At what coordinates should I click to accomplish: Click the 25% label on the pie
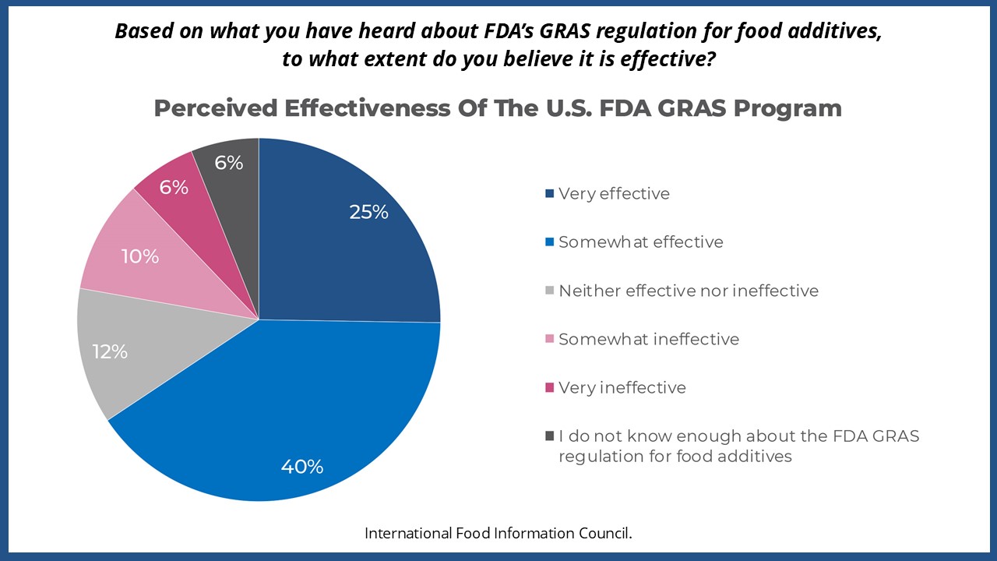(x=368, y=212)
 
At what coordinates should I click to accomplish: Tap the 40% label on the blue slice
(x=302, y=467)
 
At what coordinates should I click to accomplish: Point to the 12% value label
(x=110, y=351)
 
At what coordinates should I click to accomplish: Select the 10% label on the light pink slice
(x=139, y=256)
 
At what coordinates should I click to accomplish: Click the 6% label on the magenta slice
(x=174, y=188)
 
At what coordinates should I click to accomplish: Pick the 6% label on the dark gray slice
(x=229, y=163)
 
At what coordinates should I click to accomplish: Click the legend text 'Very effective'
(x=614, y=194)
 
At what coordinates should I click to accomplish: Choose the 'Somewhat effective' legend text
(x=641, y=242)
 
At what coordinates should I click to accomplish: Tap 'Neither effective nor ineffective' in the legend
(x=689, y=291)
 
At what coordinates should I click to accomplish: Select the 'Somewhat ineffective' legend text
(x=649, y=339)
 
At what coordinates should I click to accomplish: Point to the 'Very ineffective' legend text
(x=622, y=388)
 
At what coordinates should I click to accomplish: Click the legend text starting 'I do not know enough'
(x=739, y=446)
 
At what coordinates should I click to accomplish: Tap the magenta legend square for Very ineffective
(x=550, y=387)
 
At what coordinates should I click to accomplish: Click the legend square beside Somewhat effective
(x=550, y=242)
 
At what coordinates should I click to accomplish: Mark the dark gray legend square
(x=550, y=436)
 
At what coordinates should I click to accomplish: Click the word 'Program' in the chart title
(x=787, y=108)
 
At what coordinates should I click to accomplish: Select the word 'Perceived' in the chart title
(x=216, y=108)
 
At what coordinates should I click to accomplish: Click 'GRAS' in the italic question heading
(x=565, y=30)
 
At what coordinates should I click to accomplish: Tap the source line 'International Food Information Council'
(x=498, y=533)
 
